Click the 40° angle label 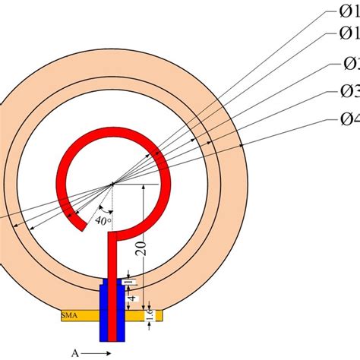103,221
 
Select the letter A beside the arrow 75,353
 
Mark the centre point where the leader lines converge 112,183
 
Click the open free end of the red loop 76,220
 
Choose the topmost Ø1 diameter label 346,12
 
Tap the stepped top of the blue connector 112,283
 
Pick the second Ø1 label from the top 346,34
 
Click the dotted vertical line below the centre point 112,209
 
